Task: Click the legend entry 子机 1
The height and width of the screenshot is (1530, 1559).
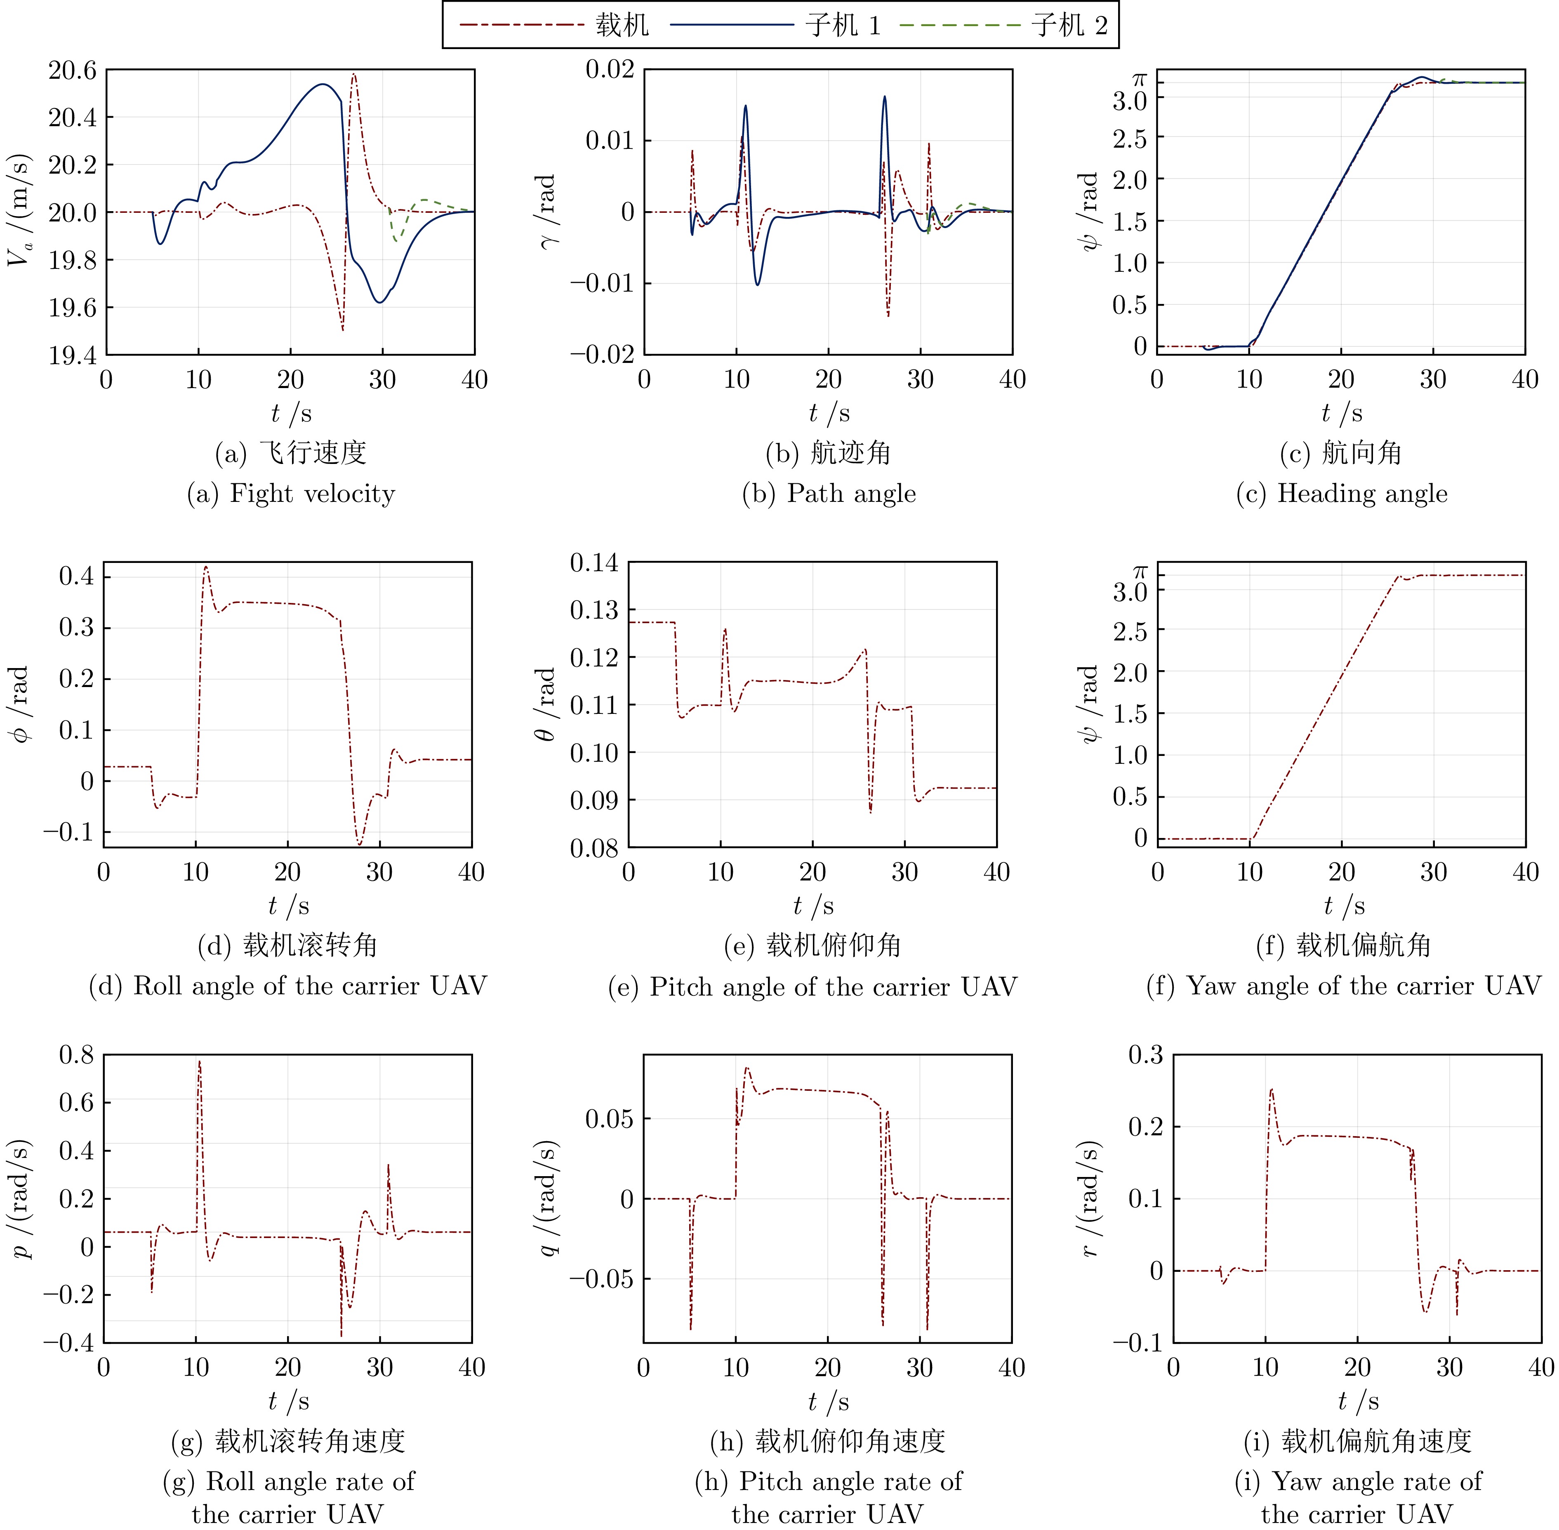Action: click(x=842, y=26)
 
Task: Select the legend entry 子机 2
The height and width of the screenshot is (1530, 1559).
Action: click(x=1069, y=26)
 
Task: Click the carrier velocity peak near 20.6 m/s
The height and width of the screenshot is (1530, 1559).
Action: click(x=353, y=75)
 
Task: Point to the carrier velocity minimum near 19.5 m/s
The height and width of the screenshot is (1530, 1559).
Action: click(x=342, y=330)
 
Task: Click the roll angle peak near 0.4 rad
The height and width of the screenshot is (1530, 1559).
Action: click(x=206, y=567)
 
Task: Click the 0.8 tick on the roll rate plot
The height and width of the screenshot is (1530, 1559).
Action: click(x=76, y=1054)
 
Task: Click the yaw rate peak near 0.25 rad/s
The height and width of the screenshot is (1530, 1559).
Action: click(x=1271, y=1090)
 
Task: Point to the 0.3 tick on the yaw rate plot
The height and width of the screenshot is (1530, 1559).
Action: click(x=1145, y=1054)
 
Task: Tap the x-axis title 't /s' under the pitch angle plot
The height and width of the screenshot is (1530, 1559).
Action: click(x=813, y=906)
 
